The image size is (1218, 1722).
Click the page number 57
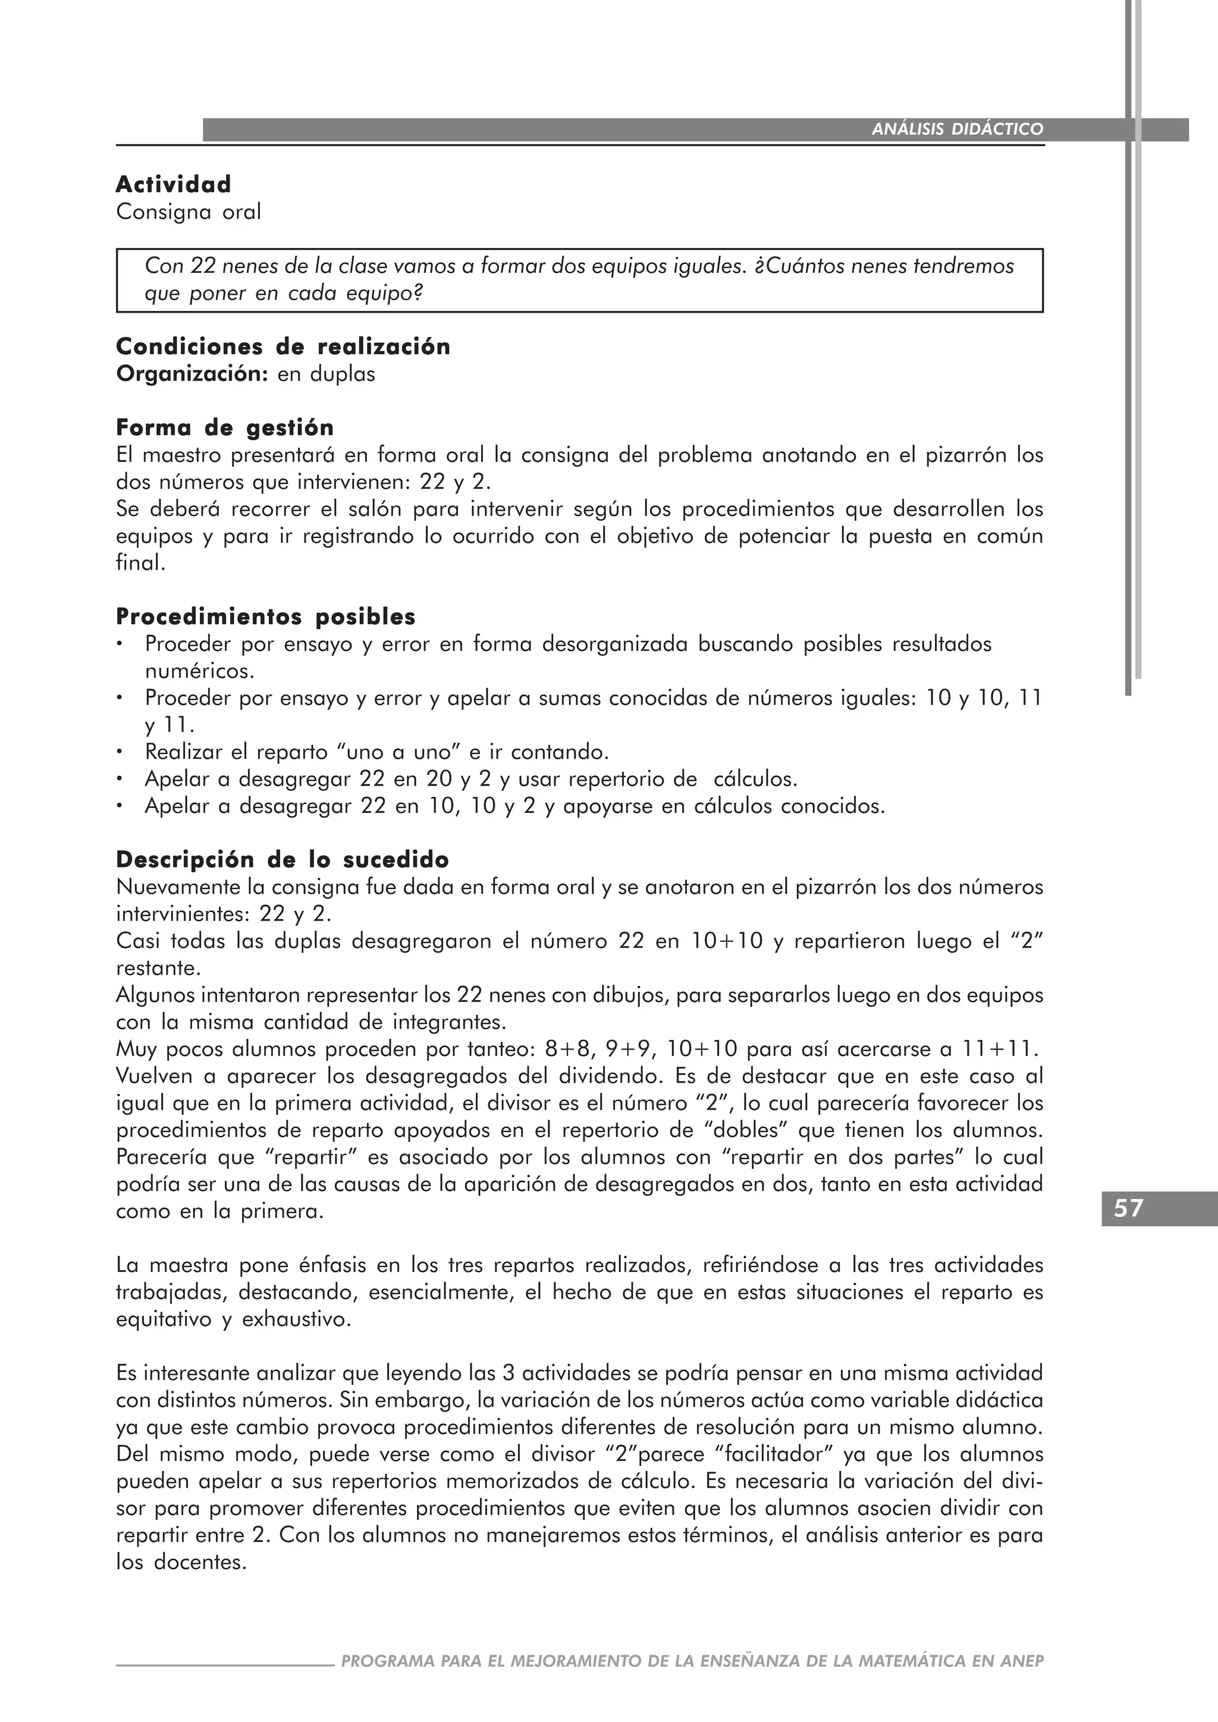(x=1128, y=1208)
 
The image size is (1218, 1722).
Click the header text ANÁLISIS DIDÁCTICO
(x=957, y=129)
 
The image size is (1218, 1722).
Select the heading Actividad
(x=173, y=184)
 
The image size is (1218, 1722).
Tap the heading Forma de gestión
(x=225, y=428)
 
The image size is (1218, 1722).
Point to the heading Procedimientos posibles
(x=265, y=617)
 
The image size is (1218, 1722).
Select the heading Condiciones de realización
(x=282, y=347)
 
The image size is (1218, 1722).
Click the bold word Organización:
(x=192, y=373)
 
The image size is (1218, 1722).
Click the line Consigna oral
(x=189, y=212)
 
